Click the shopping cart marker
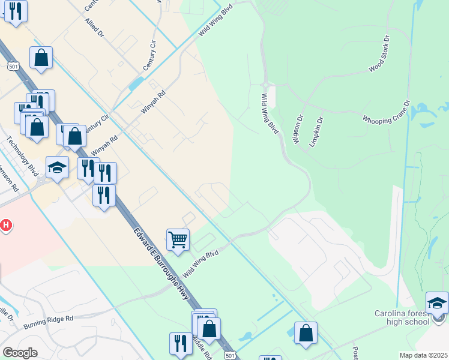[178, 240]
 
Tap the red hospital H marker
[5, 226]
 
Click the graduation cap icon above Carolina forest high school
[437, 302]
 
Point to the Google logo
[20, 353]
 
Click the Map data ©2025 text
[423, 355]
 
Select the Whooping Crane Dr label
[386, 112]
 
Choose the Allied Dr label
[95, 32]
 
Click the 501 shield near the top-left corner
[13, 65]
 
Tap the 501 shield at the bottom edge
[231, 355]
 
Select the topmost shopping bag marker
[41, 58]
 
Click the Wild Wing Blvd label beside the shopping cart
[200, 263]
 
